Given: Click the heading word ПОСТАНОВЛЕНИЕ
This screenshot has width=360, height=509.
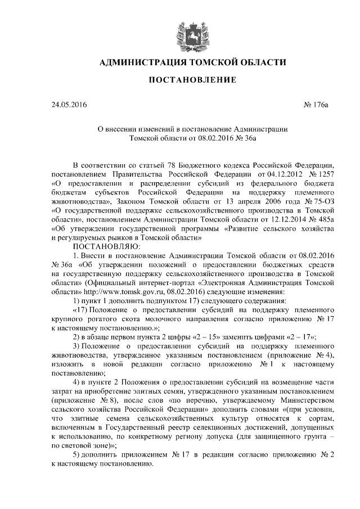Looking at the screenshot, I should [x=192, y=80].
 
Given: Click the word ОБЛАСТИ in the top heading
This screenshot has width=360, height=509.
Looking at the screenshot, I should [x=256, y=62].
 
